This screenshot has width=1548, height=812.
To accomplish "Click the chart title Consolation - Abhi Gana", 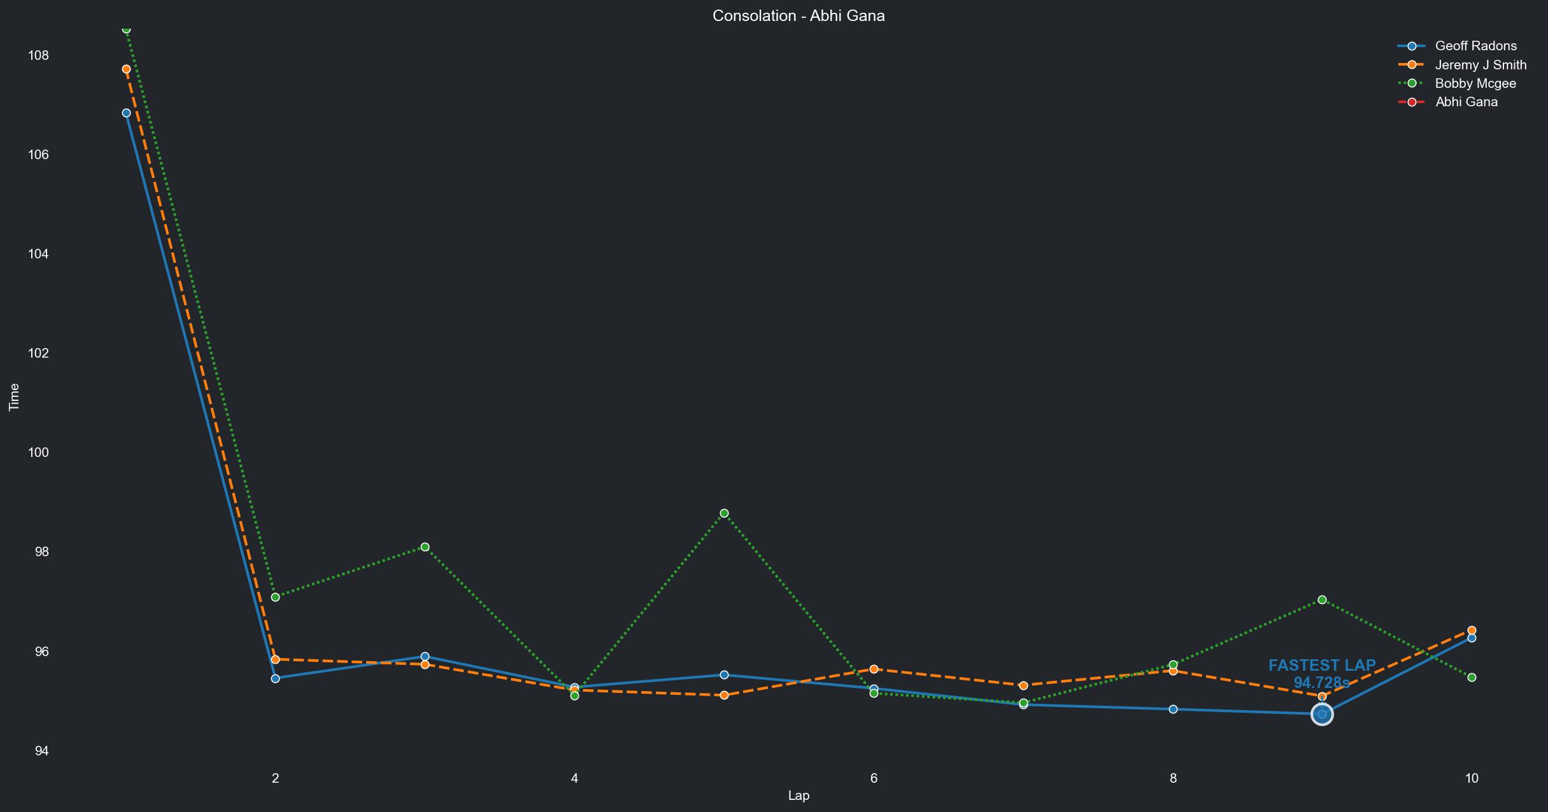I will [x=799, y=16].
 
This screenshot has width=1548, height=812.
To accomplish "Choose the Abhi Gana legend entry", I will [x=1466, y=102].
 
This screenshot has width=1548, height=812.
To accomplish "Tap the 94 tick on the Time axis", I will [x=41, y=751].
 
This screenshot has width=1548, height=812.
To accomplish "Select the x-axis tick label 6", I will [x=874, y=778].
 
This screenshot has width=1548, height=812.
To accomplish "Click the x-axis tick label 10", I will [x=1472, y=778].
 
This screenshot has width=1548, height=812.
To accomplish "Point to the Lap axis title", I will [x=799, y=795].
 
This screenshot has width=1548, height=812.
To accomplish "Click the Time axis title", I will [x=14, y=397].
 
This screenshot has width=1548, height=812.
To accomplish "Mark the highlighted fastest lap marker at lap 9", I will [x=1322, y=715].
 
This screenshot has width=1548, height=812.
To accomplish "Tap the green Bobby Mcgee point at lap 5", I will [x=724, y=514].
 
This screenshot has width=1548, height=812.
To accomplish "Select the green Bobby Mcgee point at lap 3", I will [x=425, y=547].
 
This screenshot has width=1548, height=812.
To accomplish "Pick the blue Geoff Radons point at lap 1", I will [x=126, y=113].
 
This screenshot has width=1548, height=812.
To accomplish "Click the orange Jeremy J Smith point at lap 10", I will [x=1472, y=631].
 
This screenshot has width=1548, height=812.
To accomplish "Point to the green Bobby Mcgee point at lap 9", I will [x=1322, y=600].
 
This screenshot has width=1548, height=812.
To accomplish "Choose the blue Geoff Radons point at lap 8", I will [x=1173, y=709].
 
